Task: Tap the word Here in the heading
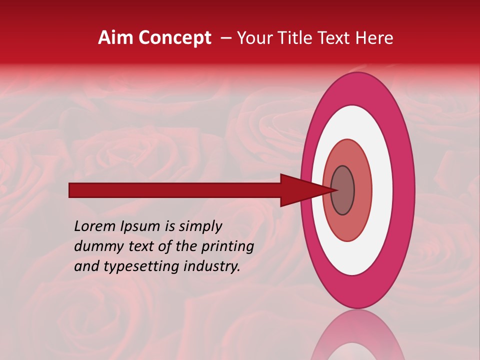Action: tap(375, 38)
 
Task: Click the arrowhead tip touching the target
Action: tap(335, 190)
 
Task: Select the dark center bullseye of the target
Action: tap(343, 190)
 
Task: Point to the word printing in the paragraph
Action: tap(227, 247)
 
